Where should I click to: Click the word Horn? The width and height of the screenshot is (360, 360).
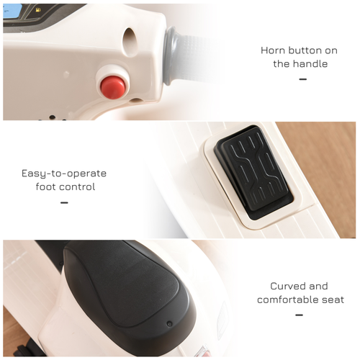[274, 51]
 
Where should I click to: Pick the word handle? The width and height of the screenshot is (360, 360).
[310, 64]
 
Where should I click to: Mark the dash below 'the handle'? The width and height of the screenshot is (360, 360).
[302, 78]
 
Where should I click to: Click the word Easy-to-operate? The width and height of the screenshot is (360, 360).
[64, 174]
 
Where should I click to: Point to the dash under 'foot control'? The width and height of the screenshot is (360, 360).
[64, 202]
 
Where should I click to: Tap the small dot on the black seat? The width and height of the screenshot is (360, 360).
[169, 324]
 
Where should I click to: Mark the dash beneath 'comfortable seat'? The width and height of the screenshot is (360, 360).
[299, 315]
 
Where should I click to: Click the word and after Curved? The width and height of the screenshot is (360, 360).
[319, 286]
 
